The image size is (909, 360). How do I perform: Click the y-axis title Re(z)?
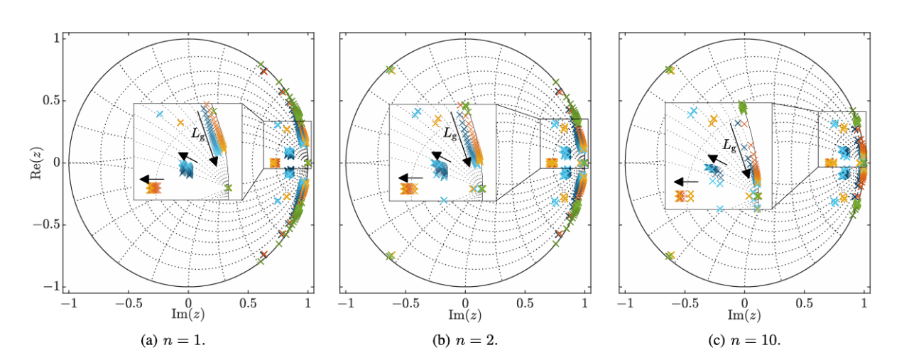click(36, 163)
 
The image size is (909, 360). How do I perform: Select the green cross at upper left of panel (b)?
click(390, 70)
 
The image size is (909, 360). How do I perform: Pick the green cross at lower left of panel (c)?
click(669, 256)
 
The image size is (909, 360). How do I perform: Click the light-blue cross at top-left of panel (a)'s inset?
click(160, 114)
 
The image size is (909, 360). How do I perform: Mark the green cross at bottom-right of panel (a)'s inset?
click(228, 188)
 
